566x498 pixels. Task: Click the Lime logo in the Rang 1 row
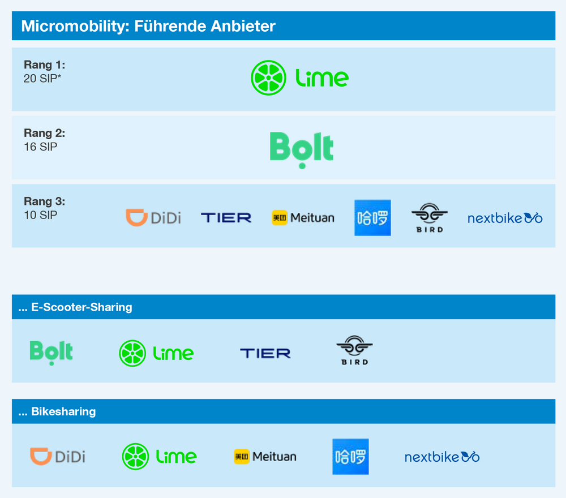(x=299, y=78)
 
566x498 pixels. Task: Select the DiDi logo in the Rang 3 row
(x=153, y=218)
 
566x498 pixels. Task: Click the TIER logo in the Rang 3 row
(x=226, y=218)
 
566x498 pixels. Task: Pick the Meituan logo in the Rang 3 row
(x=303, y=218)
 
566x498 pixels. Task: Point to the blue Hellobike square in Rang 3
(x=372, y=218)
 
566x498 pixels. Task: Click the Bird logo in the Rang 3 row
(x=430, y=218)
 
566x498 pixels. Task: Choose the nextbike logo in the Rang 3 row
(x=505, y=218)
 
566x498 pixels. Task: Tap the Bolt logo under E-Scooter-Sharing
(x=52, y=353)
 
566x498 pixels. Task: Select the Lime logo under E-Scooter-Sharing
(x=156, y=353)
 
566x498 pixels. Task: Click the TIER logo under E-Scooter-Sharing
(x=265, y=353)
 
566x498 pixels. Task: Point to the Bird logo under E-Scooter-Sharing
(x=354, y=350)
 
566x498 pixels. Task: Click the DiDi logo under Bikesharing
(x=58, y=457)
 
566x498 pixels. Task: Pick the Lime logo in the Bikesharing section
(x=159, y=457)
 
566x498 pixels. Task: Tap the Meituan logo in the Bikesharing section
(x=265, y=457)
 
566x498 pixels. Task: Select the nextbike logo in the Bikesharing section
(x=442, y=457)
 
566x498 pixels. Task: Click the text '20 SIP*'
(x=42, y=78)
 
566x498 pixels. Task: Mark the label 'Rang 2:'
(x=44, y=133)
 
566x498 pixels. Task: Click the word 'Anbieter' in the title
(x=243, y=26)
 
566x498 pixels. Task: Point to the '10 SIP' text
(x=40, y=215)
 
